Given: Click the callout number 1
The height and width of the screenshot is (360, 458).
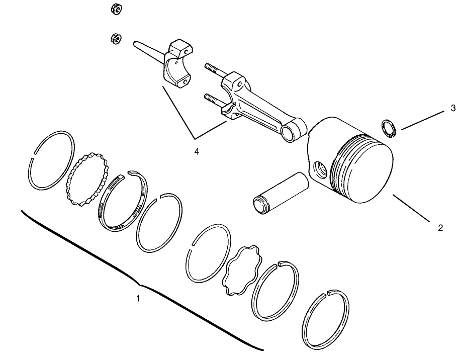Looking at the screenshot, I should click(x=138, y=298).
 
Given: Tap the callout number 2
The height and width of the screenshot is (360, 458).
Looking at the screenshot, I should click(x=440, y=228).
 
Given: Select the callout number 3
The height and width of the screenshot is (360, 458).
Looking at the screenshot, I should click(x=452, y=108).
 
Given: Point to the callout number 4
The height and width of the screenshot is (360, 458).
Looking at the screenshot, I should click(x=196, y=151).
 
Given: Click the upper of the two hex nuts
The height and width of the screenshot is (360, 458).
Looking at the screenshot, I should click(x=115, y=9).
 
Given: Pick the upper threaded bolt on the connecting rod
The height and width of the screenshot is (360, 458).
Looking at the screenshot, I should click(x=214, y=69).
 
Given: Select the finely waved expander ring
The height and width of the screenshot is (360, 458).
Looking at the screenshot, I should click(x=88, y=178).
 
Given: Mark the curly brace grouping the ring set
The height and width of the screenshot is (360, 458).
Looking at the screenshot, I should click(x=136, y=282).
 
